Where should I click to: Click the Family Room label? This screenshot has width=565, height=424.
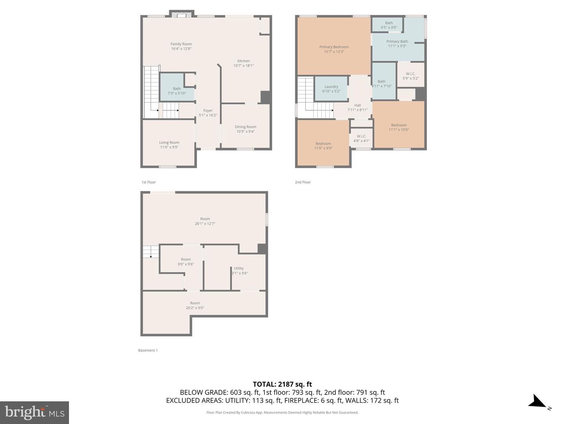[x=181, y=44]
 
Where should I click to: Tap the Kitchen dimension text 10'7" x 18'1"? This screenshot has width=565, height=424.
[x=243, y=66]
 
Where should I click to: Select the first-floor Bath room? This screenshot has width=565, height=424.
[x=177, y=89]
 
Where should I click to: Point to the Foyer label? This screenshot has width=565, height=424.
[x=208, y=111]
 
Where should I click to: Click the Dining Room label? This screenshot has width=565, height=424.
[x=245, y=127]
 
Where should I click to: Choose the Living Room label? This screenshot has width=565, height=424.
[x=169, y=143]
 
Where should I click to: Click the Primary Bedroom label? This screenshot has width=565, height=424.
[x=334, y=47]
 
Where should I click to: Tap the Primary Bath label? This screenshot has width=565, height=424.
[x=397, y=41]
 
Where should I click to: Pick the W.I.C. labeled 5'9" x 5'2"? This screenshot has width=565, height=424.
[x=410, y=76]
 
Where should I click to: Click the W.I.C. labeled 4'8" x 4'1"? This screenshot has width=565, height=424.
[x=361, y=139]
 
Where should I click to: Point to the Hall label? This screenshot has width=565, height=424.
[x=357, y=105]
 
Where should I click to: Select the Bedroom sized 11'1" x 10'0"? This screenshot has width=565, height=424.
[x=399, y=127]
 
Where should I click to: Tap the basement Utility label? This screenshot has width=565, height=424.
[x=239, y=269]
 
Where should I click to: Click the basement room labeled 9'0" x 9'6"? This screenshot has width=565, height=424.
[x=186, y=262]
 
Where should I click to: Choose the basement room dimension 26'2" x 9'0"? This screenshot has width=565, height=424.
[x=195, y=308]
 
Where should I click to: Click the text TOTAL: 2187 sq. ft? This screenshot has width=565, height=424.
[x=282, y=384]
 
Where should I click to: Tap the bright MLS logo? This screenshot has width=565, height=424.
[x=35, y=412]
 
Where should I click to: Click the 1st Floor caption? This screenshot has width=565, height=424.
[x=148, y=182]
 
